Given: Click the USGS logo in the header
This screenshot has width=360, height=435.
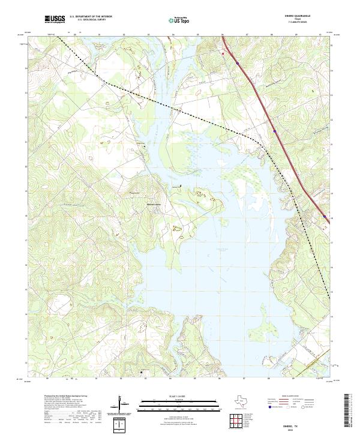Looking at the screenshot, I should (x=55, y=19).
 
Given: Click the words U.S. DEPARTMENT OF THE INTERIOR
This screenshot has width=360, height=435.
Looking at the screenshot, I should (x=91, y=17).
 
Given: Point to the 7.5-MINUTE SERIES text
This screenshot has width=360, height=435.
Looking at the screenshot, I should (x=301, y=22).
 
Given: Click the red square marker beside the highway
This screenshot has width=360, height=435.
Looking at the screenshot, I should (x=223, y=53).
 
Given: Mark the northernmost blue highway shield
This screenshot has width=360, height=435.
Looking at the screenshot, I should (x=238, y=62).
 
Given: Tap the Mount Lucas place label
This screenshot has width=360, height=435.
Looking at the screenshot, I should (x=154, y=205).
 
